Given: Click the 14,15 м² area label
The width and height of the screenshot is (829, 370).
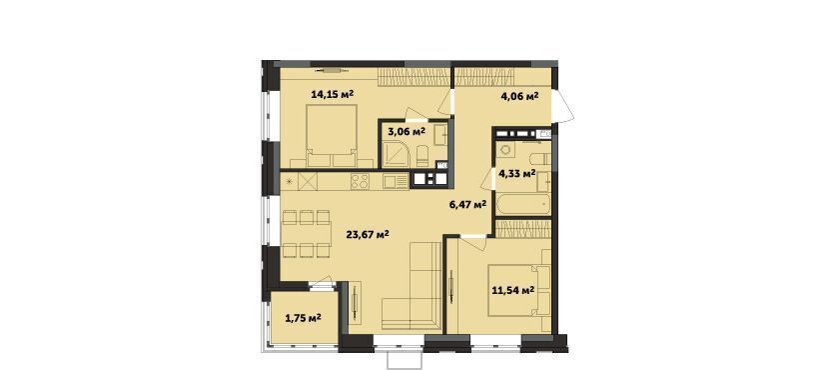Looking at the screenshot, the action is [x=332, y=95].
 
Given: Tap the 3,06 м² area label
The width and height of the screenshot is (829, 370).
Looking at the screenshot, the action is [x=407, y=131].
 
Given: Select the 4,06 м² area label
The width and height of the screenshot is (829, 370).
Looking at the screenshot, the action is [x=519, y=96].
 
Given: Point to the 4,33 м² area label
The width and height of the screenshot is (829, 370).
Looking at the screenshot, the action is [x=516, y=173].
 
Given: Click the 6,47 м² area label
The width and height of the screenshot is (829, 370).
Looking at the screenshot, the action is [x=467, y=204].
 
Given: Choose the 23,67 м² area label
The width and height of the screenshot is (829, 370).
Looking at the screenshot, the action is [x=368, y=234].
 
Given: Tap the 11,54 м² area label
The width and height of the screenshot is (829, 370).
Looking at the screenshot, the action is [x=512, y=290].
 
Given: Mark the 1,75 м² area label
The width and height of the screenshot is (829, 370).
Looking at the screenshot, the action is [x=304, y=318].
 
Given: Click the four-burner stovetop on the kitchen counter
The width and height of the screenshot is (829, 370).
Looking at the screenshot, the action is [x=360, y=182].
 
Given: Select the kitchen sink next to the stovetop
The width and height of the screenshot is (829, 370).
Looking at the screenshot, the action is [x=396, y=182].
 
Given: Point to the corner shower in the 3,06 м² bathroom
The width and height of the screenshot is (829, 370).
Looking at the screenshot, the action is [x=394, y=157].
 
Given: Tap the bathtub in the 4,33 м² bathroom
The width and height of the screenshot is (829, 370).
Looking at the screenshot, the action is [x=523, y=204].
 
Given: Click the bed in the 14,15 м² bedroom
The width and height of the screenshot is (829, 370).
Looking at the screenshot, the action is [x=332, y=134].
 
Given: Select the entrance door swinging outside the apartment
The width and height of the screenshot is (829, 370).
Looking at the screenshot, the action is [x=563, y=106].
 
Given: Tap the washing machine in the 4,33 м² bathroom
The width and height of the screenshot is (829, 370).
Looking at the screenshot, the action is [x=506, y=149].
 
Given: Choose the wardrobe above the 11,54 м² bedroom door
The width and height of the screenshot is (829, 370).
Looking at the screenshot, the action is [x=523, y=229].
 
